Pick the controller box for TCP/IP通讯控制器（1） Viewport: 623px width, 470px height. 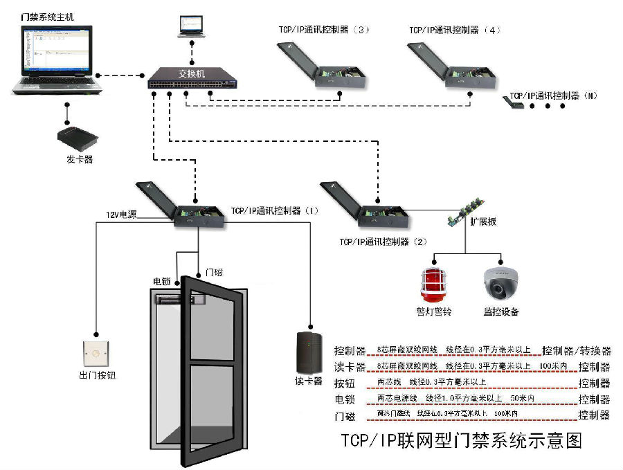(x=181, y=206)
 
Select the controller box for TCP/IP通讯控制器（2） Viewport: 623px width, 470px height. (x=367, y=206)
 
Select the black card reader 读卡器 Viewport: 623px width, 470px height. (x=308, y=353)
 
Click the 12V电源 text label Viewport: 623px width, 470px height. (x=121, y=215)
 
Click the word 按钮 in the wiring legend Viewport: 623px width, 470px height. (x=345, y=383)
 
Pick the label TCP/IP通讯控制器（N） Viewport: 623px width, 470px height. (x=553, y=96)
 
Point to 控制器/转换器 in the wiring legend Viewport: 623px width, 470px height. (x=576, y=350)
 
